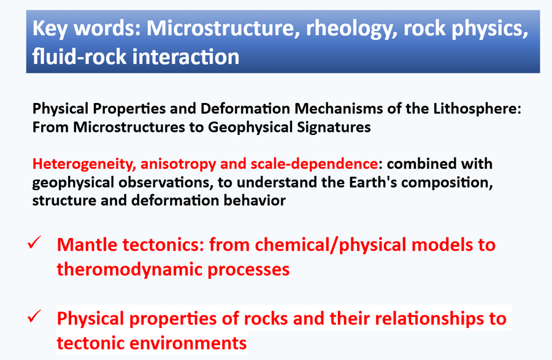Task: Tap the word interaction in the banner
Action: pyautogui.click(x=185, y=57)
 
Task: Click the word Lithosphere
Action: pyautogui.click(x=477, y=109)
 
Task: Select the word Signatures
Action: pyautogui.click(x=334, y=128)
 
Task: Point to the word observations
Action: pyautogui.click(x=166, y=182)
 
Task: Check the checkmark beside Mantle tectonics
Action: pyautogui.click(x=34, y=243)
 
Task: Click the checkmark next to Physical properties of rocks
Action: pyautogui.click(x=34, y=316)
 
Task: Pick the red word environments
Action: pyautogui.click(x=188, y=343)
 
